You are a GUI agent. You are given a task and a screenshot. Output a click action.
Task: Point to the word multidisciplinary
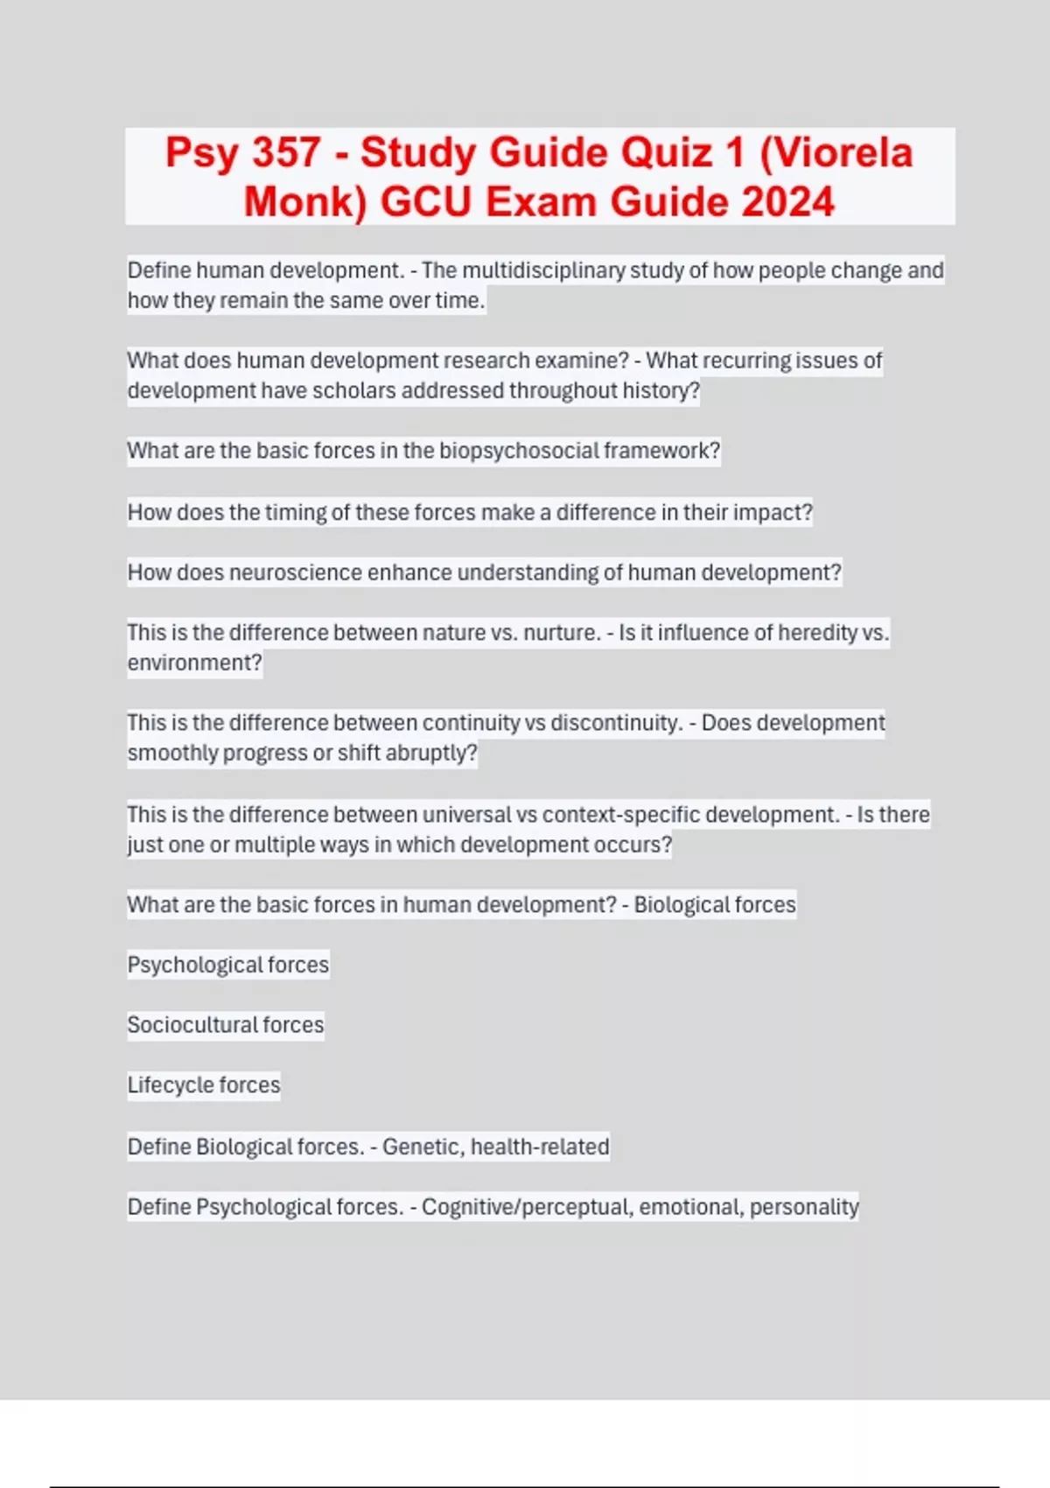click(x=542, y=270)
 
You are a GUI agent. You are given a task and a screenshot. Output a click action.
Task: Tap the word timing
click(x=296, y=512)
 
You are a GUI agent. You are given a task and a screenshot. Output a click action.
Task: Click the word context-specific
click(x=620, y=815)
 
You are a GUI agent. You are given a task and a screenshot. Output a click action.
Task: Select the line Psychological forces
click(x=228, y=965)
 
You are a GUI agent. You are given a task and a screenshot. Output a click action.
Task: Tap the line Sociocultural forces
click(x=226, y=1025)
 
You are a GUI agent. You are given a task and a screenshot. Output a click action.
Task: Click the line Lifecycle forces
click(x=204, y=1085)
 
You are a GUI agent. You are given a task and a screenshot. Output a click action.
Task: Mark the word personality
click(x=804, y=1207)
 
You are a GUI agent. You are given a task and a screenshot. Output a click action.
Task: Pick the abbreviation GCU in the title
click(x=426, y=202)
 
